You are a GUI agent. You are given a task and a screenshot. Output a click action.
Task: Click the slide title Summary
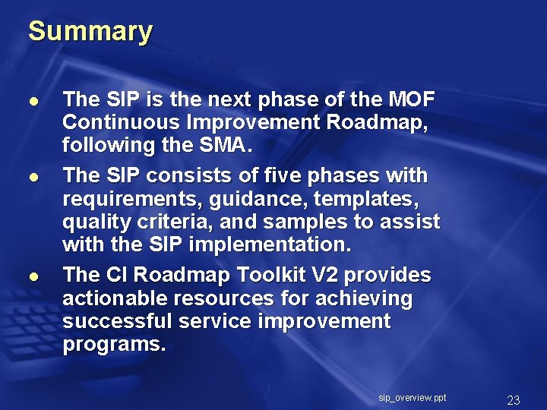pos(90,32)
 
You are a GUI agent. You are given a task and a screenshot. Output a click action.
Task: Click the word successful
pos(118,321)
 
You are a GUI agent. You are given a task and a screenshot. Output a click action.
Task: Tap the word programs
pos(113,345)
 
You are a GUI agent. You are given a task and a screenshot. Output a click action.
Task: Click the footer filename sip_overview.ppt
pos(412,398)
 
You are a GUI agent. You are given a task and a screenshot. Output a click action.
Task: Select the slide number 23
pos(513,400)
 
